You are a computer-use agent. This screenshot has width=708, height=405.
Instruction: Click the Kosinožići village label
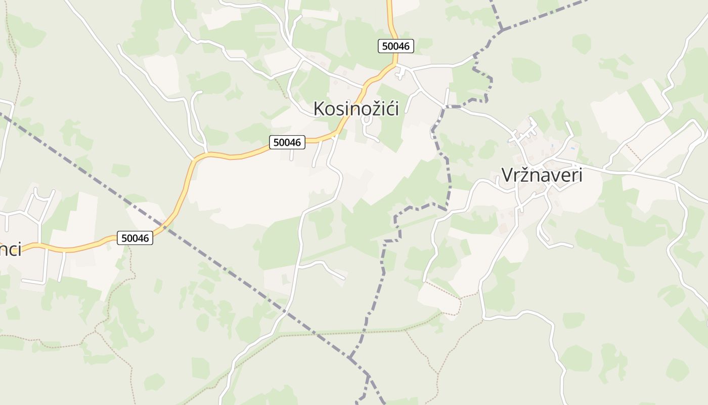point(356,109)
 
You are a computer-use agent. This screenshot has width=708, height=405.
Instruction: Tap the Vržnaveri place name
point(542,175)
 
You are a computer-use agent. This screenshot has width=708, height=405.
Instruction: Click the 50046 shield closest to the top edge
point(396,46)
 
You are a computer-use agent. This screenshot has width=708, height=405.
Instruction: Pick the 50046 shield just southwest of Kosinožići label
point(287,142)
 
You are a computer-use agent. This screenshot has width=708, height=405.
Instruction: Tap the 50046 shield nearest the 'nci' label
point(135,237)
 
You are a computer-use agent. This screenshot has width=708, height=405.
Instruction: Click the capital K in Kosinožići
point(319,109)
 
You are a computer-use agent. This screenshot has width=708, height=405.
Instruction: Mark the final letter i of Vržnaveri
point(580,175)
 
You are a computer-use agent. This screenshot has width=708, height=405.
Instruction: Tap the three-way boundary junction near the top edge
point(502,30)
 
